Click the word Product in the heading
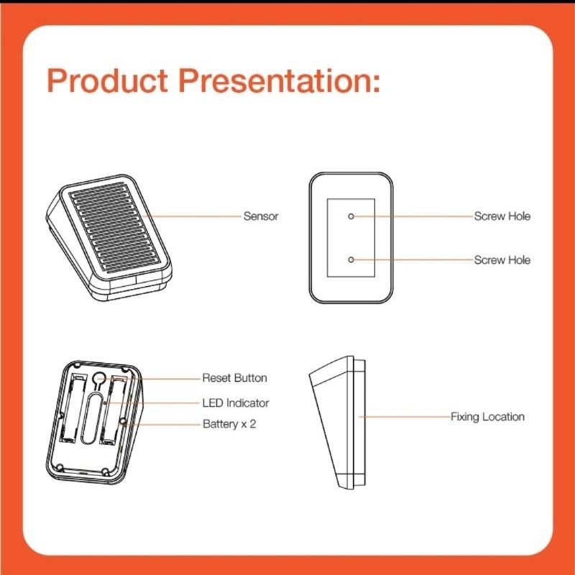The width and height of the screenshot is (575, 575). [108, 80]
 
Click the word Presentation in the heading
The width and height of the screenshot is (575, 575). [280, 80]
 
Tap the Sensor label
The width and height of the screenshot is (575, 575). [261, 216]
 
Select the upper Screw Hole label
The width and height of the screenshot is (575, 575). [502, 216]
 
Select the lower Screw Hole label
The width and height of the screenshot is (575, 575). [502, 259]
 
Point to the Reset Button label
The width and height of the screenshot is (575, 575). [234, 378]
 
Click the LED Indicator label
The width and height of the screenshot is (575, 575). [236, 402]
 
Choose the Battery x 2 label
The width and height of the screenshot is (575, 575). [229, 424]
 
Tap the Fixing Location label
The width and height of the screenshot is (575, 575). [487, 417]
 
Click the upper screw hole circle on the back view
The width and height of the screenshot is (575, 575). [351, 216]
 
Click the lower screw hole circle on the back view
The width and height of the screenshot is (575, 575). [351, 259]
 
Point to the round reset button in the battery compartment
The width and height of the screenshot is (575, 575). [99, 378]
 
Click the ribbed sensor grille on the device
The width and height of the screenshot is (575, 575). [114, 228]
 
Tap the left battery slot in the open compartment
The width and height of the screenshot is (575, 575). [71, 408]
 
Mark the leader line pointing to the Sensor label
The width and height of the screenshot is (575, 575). [192, 216]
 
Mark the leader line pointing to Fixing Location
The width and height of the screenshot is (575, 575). [404, 417]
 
